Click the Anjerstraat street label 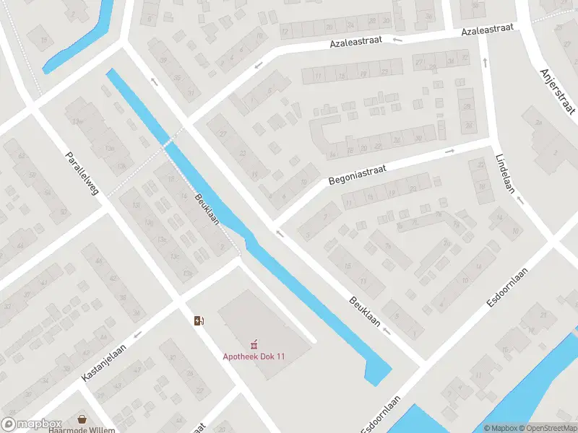pos(557,91)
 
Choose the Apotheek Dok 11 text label pos(254,356)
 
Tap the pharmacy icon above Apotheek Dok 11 pos(254,343)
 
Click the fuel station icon pos(199,320)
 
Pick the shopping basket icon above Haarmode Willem pos(82,419)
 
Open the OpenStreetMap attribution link pos(547,428)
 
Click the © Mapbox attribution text pos(499,428)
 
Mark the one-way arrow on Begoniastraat pos(449,151)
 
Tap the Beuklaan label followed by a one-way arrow pos(364,310)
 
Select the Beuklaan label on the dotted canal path pos(207,209)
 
